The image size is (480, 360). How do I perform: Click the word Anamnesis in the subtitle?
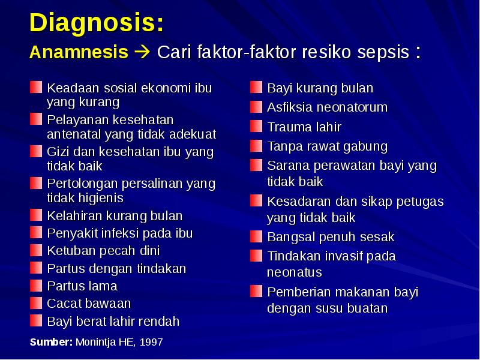pyautogui.click(x=79, y=52)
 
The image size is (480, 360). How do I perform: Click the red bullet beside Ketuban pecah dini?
pyautogui.click(x=37, y=250)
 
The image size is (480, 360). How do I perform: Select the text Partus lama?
pyautogui.click(x=82, y=286)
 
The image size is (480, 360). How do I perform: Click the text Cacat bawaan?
pyautogui.click(x=89, y=303)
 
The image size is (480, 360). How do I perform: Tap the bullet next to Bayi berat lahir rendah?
pyautogui.click(x=37, y=321)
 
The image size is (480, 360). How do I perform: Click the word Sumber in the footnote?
pyautogui.click(x=51, y=342)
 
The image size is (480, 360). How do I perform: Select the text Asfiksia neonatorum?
pyautogui.click(x=327, y=107)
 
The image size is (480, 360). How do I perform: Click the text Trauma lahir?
pyautogui.click(x=304, y=127)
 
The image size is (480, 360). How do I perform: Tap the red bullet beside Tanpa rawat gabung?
pyautogui.click(x=257, y=146)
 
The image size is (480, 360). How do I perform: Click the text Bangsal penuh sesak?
pyautogui.click(x=331, y=237)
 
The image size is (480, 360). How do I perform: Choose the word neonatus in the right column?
pyautogui.click(x=295, y=272)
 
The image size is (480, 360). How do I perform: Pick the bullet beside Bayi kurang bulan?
pyautogui.click(x=257, y=88)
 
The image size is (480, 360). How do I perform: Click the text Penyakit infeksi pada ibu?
pyautogui.click(x=120, y=233)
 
